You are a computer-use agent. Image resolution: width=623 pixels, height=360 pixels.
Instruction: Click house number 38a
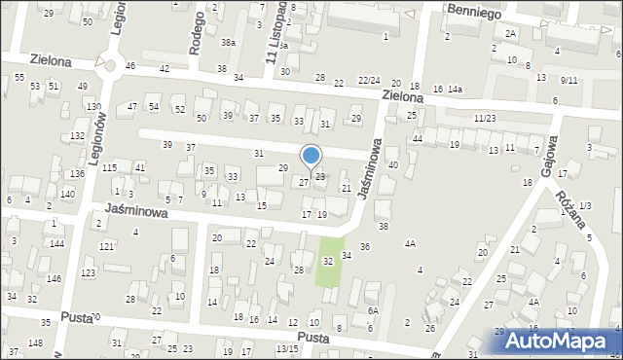(x=228, y=43)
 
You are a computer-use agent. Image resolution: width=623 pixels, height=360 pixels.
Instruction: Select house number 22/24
(x=369, y=81)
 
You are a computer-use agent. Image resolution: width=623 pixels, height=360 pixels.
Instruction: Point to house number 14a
(x=455, y=90)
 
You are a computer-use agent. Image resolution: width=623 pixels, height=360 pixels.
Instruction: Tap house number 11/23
(x=485, y=118)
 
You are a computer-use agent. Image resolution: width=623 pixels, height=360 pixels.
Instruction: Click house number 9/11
(x=569, y=80)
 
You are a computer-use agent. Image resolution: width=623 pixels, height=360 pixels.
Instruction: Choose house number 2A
(x=510, y=33)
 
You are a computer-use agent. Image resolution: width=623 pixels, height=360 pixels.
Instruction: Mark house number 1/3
(x=584, y=204)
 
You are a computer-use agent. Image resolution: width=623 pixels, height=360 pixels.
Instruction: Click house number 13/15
(x=287, y=348)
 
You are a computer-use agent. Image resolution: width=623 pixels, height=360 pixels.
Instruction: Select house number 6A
(x=372, y=310)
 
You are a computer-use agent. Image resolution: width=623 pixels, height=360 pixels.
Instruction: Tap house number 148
(x=35, y=342)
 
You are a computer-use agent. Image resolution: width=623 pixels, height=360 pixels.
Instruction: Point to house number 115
(x=110, y=168)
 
